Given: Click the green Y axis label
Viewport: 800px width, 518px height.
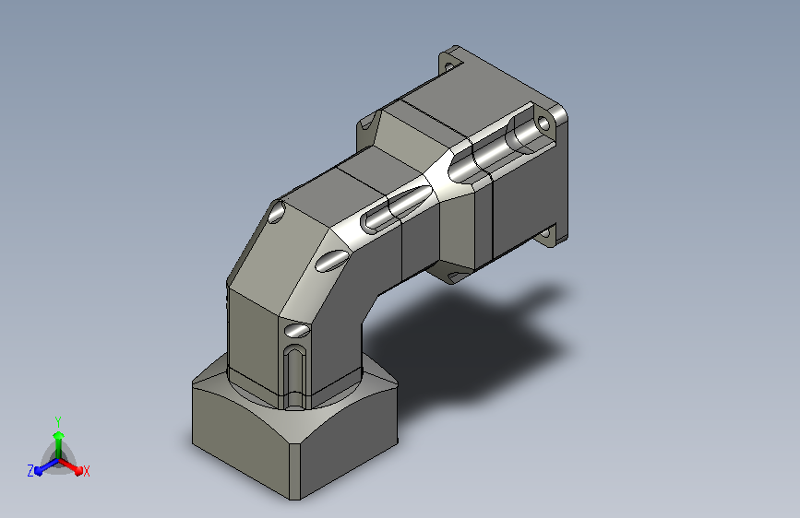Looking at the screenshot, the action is click(58, 421).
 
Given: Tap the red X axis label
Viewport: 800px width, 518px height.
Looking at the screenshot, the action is click(86, 471).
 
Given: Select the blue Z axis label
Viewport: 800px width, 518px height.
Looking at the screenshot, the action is click(30, 471).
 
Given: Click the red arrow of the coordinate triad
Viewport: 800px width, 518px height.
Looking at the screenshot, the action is click(71, 466).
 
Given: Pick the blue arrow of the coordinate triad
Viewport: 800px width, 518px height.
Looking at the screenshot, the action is click(46, 466).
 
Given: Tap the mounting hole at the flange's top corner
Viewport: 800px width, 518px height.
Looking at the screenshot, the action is click(448, 66).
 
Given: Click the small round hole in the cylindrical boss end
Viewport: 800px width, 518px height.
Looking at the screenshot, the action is click(543, 124).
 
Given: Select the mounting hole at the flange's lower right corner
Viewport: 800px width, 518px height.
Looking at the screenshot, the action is click(545, 233).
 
